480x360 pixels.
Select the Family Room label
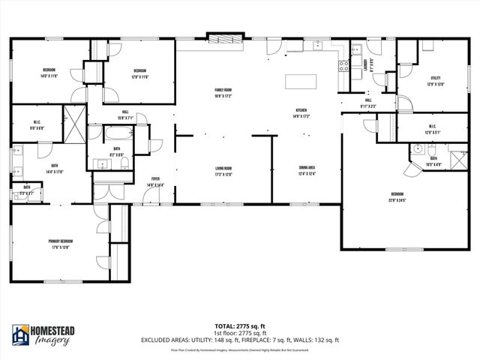223,93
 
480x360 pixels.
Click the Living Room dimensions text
223,175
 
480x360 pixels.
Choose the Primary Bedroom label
61,241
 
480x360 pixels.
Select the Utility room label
435,78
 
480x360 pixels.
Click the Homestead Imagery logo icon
21,336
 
